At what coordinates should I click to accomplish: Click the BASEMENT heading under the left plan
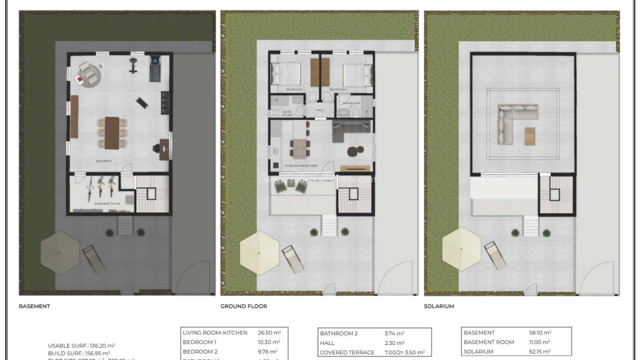[x=34, y=306]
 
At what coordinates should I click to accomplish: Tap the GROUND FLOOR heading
[x=244, y=306]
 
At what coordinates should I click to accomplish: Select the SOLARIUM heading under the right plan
[x=439, y=306]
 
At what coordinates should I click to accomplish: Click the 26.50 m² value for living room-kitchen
[x=268, y=333]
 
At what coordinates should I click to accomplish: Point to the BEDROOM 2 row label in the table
[x=200, y=352]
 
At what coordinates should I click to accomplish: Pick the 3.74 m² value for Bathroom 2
[x=394, y=334]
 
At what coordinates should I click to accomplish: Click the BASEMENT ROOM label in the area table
[x=488, y=342]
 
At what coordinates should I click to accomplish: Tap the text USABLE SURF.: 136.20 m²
[x=82, y=345]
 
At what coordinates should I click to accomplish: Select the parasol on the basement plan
[x=60, y=253]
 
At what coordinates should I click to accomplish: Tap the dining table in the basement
[x=112, y=132]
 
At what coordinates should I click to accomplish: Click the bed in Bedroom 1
[x=287, y=74]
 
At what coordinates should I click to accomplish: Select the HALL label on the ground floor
[x=320, y=110]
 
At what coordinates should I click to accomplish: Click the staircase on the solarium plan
[x=556, y=194]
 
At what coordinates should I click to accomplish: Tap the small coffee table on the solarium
[x=530, y=136]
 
